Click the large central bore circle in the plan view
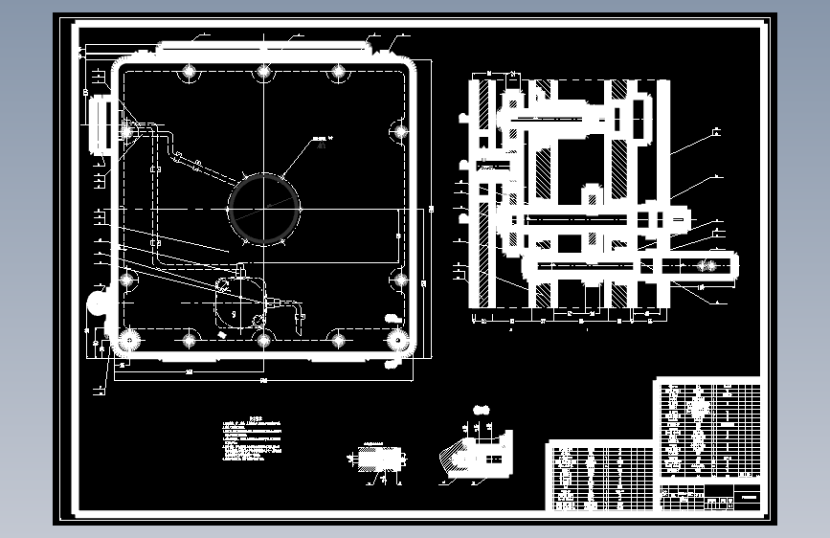(x=263, y=208)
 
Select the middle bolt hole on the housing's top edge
(x=262, y=72)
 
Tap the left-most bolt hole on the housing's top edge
(x=189, y=72)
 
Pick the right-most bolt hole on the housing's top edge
(x=337, y=72)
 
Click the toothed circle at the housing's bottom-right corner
(x=396, y=339)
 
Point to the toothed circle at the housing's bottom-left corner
(x=126, y=340)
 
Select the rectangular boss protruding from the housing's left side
(x=99, y=124)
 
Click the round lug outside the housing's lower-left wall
(x=99, y=303)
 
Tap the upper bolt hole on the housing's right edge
(x=399, y=132)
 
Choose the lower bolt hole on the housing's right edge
(x=399, y=280)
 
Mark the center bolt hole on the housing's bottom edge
(x=262, y=339)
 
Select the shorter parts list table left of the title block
(x=601, y=475)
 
